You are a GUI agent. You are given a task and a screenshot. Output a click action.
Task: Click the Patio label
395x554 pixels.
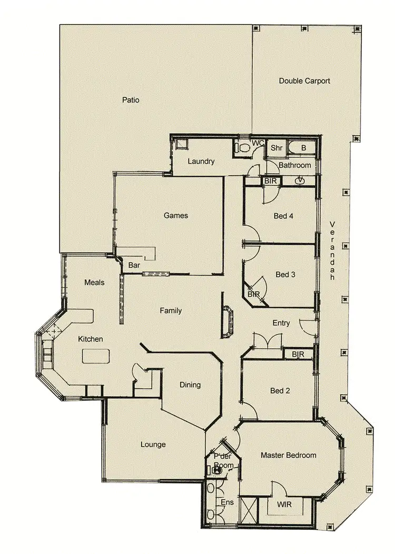point(131,99)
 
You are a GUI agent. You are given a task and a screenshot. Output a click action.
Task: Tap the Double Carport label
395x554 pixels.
point(304,81)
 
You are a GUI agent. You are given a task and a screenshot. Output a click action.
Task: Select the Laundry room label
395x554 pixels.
point(201,162)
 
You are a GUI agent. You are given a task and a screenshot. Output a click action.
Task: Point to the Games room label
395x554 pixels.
point(176,215)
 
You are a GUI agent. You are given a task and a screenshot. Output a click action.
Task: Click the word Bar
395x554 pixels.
point(134,266)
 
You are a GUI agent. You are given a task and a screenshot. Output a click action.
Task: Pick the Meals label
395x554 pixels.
point(94,283)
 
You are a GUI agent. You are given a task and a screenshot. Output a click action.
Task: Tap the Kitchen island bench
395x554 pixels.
point(95,356)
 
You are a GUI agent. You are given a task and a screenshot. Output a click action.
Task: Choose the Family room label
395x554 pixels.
point(171,311)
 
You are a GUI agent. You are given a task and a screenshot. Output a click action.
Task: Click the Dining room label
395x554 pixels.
point(190,385)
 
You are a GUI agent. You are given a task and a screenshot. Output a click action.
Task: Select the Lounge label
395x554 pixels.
point(153,445)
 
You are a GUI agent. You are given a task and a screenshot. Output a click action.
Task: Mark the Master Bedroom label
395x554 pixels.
point(289,455)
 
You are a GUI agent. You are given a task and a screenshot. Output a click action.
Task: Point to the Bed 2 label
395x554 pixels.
point(280,391)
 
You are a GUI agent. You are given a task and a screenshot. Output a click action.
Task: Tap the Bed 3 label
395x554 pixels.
point(285,275)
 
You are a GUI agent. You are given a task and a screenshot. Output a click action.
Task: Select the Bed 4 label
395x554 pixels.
point(283,216)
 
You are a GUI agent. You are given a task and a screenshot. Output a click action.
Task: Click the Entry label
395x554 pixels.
point(281,323)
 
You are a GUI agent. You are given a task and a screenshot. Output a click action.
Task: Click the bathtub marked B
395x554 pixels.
point(303,148)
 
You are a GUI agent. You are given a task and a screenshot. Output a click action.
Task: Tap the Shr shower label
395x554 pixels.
point(276,148)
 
